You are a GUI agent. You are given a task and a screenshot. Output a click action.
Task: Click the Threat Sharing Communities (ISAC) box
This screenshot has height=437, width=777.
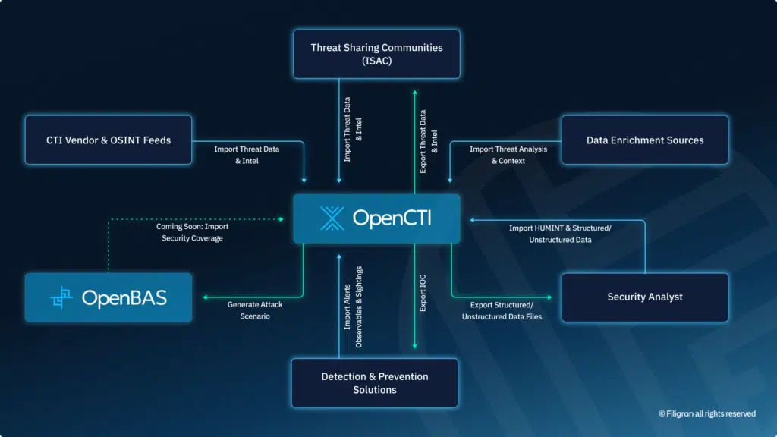click(376, 54)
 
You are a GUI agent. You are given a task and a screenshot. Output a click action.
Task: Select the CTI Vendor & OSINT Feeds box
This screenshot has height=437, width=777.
click(109, 140)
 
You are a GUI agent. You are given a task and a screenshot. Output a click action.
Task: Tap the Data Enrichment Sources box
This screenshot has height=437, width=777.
click(644, 140)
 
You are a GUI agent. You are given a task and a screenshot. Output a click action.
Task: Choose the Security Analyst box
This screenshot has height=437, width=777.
click(644, 297)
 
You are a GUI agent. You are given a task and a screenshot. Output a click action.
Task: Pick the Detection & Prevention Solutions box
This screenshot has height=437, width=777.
click(375, 383)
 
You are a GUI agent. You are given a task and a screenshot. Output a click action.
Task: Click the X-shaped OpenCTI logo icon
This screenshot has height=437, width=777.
click(332, 218)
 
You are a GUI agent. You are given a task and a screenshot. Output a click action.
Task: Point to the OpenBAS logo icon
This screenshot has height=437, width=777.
click(61, 297)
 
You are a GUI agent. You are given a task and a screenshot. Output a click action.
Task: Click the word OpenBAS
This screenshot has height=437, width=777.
click(124, 298)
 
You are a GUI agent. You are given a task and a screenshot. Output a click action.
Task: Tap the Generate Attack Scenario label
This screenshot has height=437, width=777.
click(254, 310)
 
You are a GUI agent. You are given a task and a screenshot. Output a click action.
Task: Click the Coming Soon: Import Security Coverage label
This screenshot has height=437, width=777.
click(192, 232)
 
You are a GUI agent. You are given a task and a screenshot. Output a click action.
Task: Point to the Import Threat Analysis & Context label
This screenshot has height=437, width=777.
click(508, 155)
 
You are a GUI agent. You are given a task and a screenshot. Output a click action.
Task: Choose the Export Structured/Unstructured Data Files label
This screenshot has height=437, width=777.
click(502, 310)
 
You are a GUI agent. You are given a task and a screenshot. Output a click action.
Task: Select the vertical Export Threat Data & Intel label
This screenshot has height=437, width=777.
click(429, 143)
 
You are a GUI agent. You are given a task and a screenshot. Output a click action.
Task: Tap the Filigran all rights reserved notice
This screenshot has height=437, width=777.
click(706, 413)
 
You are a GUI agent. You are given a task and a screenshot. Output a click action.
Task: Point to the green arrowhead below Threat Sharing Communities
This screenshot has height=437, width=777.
click(414, 93)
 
